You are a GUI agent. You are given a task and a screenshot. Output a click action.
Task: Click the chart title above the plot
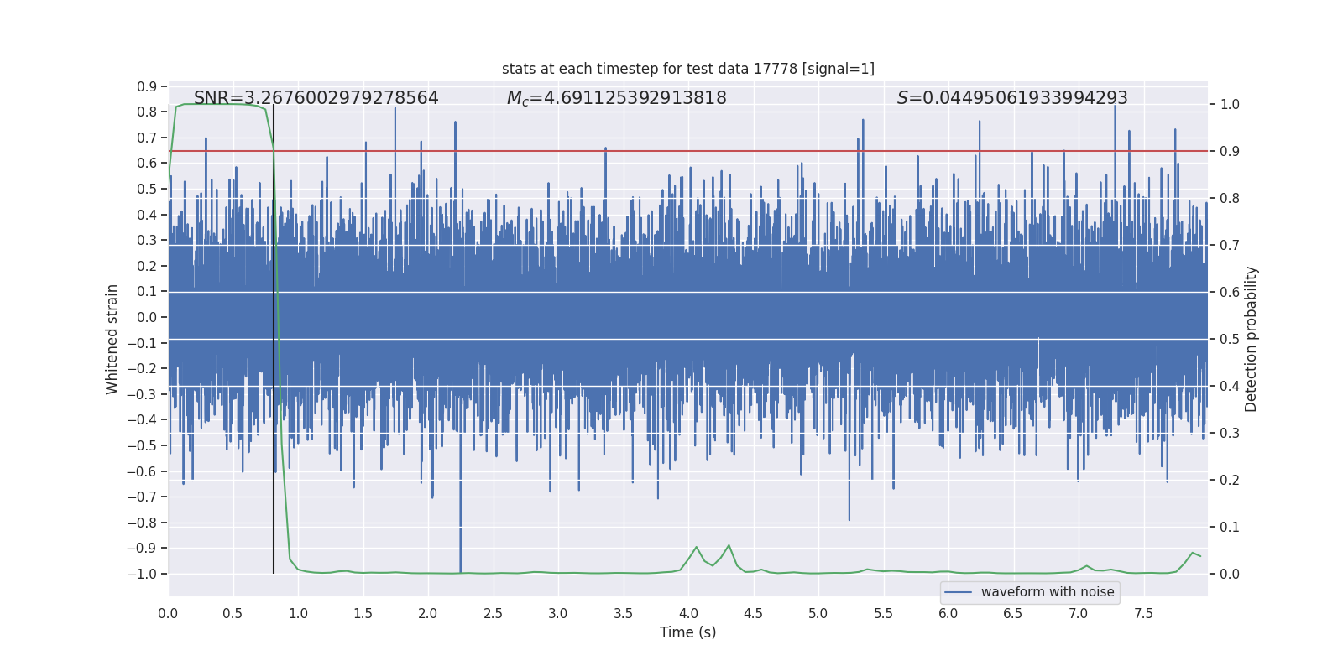point(687,69)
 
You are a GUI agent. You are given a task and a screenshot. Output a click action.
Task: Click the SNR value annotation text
point(316,98)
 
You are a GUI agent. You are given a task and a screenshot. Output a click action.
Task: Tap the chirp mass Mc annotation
point(616,98)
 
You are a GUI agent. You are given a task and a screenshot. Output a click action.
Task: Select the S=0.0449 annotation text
point(1011,98)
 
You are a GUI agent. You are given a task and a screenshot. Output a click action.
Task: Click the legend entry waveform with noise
point(1047,592)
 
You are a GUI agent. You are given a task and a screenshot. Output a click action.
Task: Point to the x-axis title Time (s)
point(687,632)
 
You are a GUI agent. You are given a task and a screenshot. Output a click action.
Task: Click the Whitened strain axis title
point(112,339)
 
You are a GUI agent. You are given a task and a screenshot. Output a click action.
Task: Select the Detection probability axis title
point(1252,339)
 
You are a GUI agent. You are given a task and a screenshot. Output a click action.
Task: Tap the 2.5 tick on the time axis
point(493,614)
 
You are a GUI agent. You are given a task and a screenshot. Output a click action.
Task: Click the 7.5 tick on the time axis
point(1143,614)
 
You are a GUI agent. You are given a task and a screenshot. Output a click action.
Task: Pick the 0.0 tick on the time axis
point(168,614)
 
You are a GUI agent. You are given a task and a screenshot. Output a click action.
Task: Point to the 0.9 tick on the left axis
point(147,86)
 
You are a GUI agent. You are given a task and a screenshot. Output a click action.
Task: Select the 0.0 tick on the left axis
point(147,317)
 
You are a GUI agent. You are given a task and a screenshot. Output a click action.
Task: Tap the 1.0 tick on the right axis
point(1230,105)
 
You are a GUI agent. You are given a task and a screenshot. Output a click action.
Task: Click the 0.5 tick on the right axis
point(1230,340)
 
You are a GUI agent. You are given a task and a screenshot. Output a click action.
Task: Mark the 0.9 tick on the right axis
point(1230,152)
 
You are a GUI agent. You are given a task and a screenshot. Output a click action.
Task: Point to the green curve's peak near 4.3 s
point(729,546)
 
